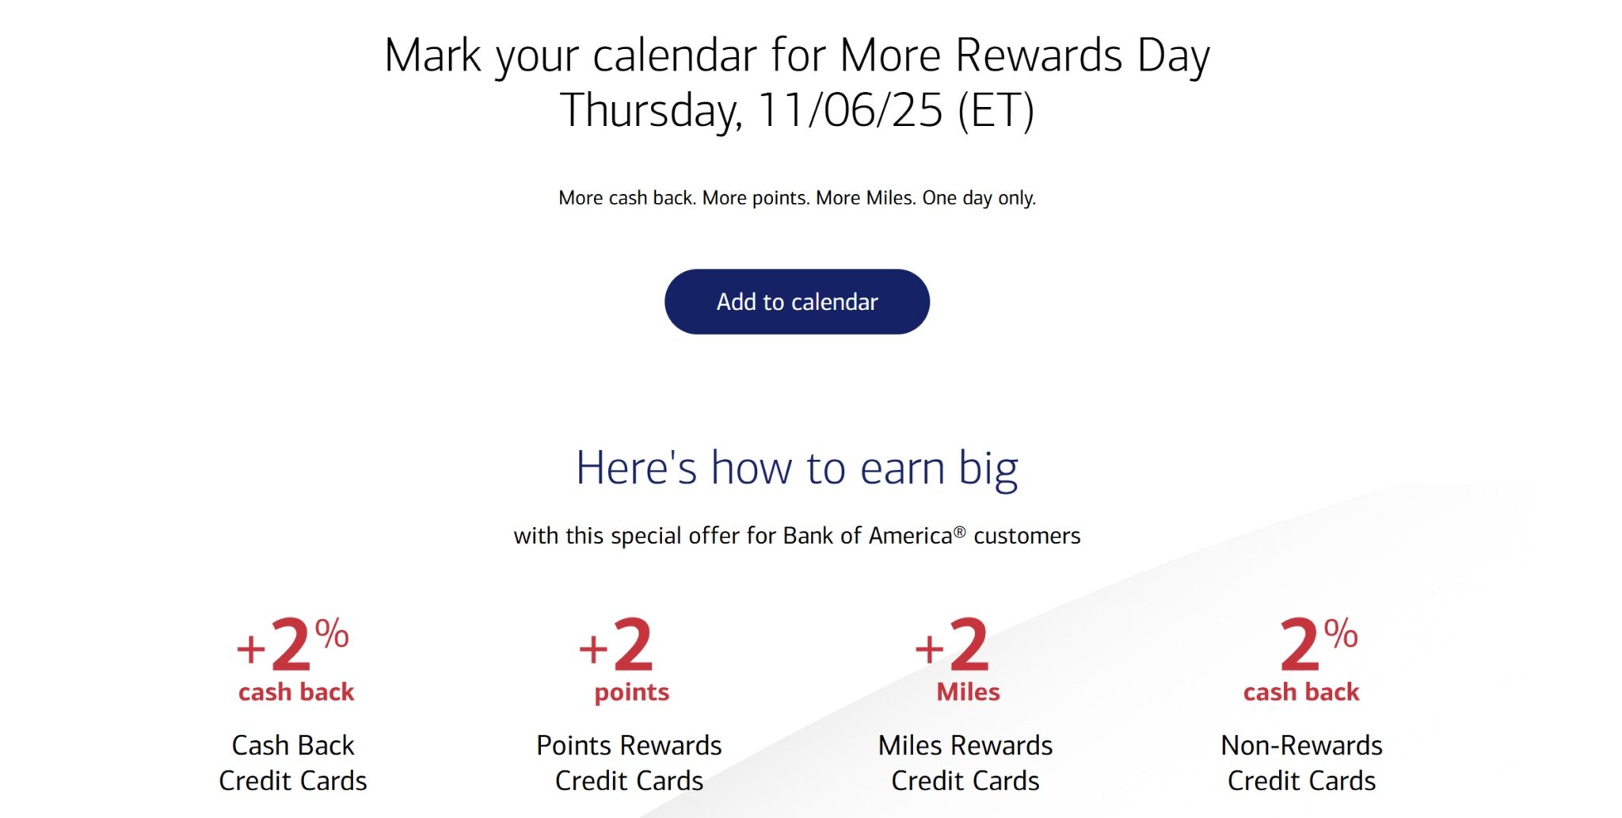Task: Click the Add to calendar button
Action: coord(797,301)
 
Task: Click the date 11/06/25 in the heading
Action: coord(851,109)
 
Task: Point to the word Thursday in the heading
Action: coord(651,111)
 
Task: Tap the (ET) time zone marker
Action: coord(996,110)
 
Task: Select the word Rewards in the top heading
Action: coord(1038,55)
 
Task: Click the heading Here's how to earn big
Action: coord(797,468)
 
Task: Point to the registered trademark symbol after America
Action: coord(959,532)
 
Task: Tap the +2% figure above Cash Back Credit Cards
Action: coord(292,644)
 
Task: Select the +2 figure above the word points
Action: coord(616,644)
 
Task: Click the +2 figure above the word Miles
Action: coord(952,644)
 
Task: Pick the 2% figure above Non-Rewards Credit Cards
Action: coord(1319,644)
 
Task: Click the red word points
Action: coord(632,693)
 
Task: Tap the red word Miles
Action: coord(968,692)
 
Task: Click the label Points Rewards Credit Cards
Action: coord(629,763)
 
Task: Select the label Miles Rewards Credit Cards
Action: coord(965,763)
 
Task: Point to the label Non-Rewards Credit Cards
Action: coord(1302,763)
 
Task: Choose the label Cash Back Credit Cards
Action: coord(293,763)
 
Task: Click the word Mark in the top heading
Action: coord(432,55)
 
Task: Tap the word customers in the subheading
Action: coord(1027,537)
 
